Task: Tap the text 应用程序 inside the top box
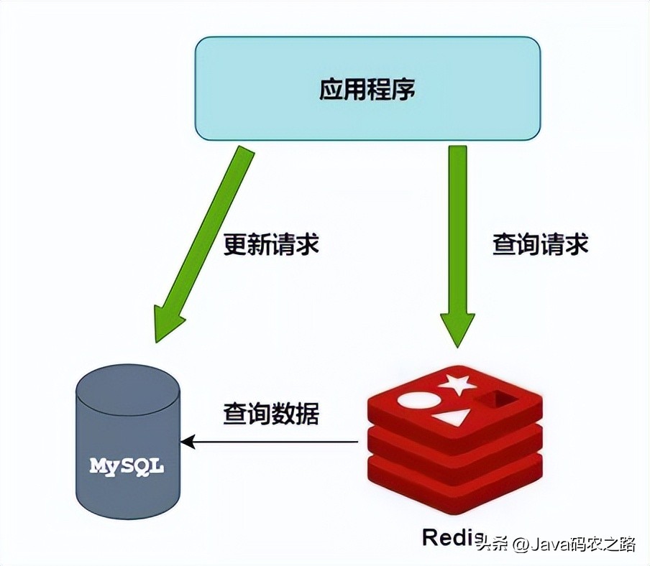[x=367, y=89]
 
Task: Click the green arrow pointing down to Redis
[x=459, y=230]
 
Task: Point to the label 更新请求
[x=271, y=244]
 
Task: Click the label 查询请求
[x=540, y=244]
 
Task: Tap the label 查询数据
[x=271, y=414]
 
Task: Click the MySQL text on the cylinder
[x=127, y=465]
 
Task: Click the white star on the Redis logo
[x=458, y=385]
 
